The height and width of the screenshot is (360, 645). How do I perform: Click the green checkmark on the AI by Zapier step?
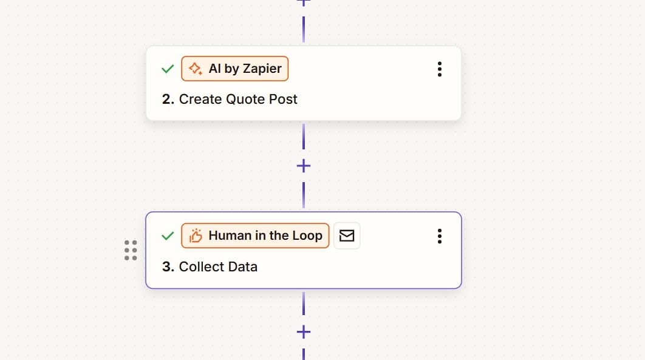(168, 69)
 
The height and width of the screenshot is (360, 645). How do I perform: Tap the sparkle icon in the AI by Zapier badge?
(196, 69)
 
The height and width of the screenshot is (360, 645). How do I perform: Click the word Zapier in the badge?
(263, 69)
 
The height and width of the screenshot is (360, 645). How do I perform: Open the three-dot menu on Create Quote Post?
(440, 69)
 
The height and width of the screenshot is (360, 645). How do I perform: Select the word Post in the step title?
(283, 99)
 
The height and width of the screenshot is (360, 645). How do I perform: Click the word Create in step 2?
(200, 99)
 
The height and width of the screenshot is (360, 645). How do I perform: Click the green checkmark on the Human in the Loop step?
(168, 236)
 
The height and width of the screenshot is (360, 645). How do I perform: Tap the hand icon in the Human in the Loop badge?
(196, 236)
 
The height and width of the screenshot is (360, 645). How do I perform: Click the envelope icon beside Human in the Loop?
(347, 236)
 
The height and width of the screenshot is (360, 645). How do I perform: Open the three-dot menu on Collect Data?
(440, 236)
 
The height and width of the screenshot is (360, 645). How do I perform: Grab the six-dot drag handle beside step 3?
(131, 250)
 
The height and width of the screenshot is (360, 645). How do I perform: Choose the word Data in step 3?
(243, 267)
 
